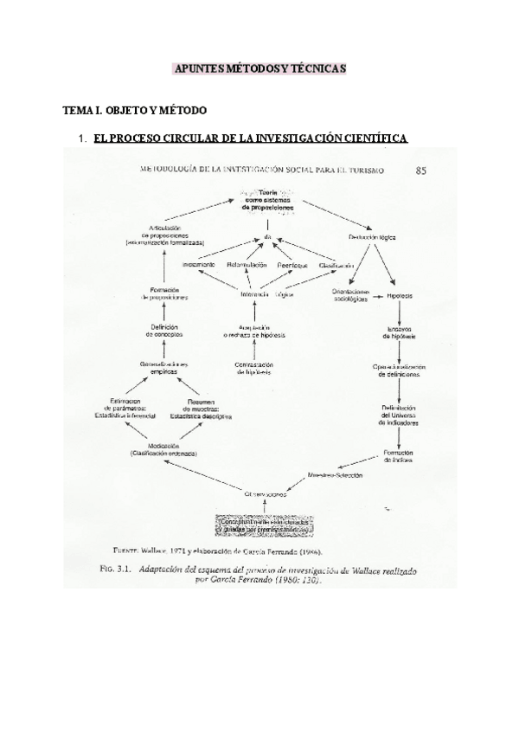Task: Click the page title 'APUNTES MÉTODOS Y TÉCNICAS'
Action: (259, 68)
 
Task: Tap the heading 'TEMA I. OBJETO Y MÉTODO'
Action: (135, 112)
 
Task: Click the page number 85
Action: (420, 171)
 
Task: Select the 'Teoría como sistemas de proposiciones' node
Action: (268, 201)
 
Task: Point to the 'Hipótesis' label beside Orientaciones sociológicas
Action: (400, 294)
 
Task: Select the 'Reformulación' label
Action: (247, 264)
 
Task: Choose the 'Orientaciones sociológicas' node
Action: (350, 295)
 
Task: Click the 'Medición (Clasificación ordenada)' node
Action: (163, 450)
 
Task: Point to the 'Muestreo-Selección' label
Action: (336, 475)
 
